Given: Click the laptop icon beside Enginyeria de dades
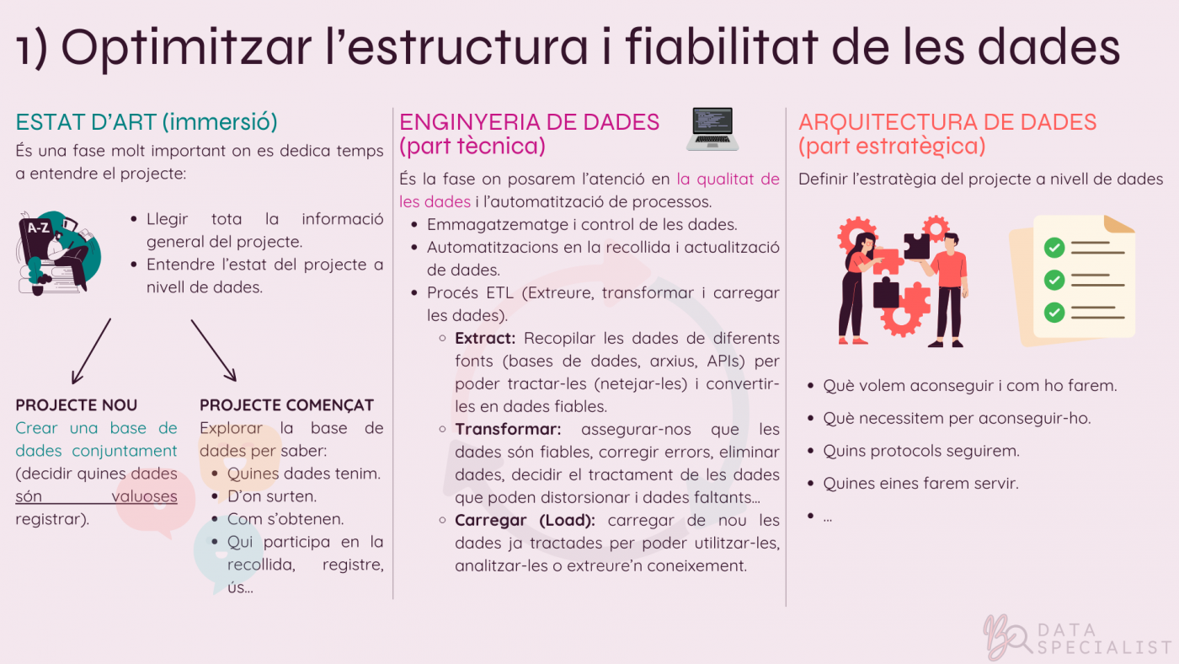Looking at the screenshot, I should coord(712,129).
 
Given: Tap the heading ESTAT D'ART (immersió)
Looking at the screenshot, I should coord(147,122).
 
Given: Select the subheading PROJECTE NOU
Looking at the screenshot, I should coord(76,405).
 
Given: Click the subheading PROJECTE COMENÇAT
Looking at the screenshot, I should coord(286,405).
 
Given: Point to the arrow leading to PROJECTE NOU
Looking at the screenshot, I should coord(92,350).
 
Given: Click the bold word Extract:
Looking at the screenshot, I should coord(485,338).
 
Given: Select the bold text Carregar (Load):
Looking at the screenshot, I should coord(525,520).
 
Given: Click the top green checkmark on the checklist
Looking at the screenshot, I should coord(1054,248).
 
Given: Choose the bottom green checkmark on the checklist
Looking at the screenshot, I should coord(1054,312).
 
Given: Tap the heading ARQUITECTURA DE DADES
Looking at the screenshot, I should coord(947,122).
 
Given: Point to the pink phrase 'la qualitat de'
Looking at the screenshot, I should coord(728,179).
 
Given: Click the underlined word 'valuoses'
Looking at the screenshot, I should coord(144,496).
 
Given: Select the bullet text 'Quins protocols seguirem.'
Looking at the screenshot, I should coord(921,451).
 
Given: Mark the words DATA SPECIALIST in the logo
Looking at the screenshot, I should coord(1103,639).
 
